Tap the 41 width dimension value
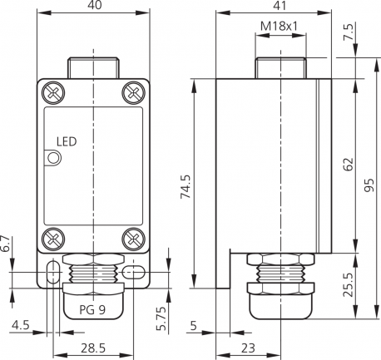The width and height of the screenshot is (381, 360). pos(280,6)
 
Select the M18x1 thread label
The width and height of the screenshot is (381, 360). pos(279,27)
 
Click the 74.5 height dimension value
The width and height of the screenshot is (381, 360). pos(186,186)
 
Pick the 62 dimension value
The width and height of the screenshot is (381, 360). pos(349,164)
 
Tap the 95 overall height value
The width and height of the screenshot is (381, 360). pos(369,185)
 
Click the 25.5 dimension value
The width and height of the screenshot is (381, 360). pos(349,285)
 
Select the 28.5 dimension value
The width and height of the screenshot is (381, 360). pos(93,348)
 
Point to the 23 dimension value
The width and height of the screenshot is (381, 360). pos(248,348)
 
